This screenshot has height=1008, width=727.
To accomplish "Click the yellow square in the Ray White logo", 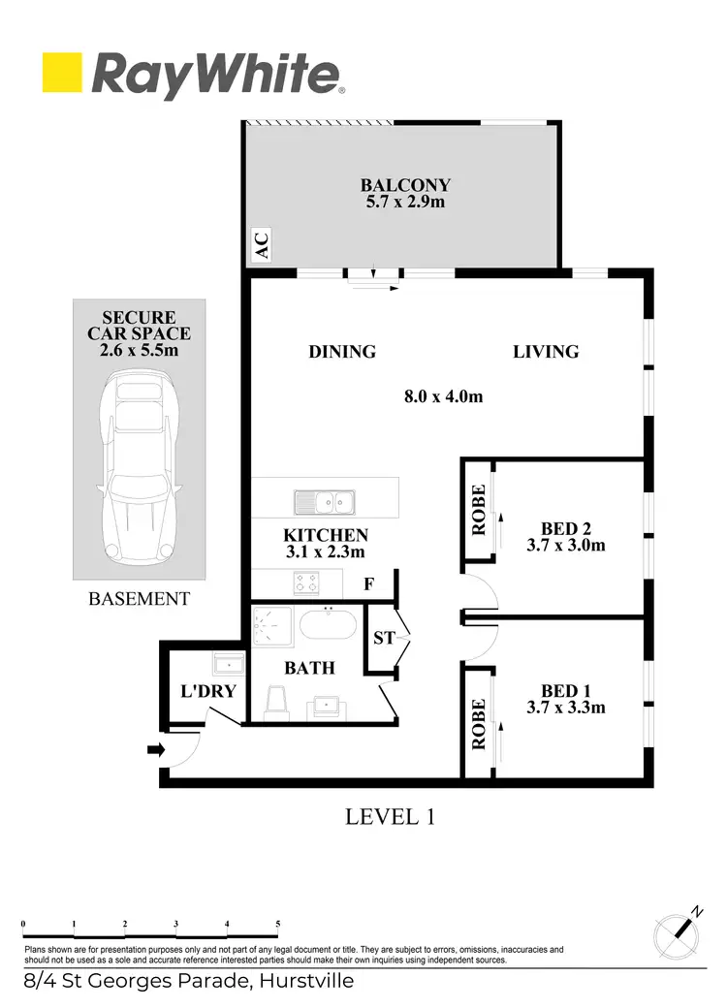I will tap(62, 74).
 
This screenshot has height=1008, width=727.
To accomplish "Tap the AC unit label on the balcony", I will tap(261, 245).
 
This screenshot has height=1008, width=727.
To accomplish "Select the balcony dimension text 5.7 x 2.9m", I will tap(405, 202).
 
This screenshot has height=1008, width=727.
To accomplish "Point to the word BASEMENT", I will tap(139, 599).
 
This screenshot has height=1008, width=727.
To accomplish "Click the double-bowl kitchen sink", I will tap(327, 502).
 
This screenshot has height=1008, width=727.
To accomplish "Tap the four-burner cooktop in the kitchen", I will tap(306, 583).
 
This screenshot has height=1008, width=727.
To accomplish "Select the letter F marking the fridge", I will tap(368, 584).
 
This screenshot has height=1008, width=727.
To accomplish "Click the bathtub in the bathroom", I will tap(330, 623).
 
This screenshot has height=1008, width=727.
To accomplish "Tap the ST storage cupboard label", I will tap(384, 639).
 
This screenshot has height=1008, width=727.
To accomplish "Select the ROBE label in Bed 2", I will tap(477, 510).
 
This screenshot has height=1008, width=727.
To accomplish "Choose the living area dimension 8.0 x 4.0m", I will tap(443, 395).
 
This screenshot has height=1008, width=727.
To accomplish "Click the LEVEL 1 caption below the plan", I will tap(390, 817).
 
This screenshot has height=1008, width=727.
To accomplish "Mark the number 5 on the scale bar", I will tap(278, 924).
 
